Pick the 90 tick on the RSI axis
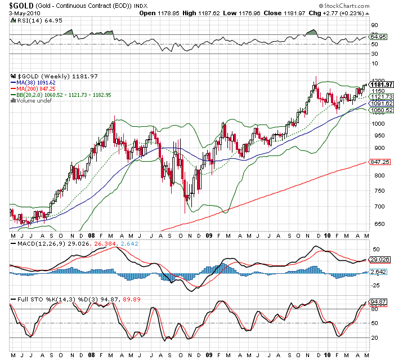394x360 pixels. point(373,25)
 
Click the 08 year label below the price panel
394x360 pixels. point(91,235)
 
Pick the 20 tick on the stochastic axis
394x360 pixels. point(373,337)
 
